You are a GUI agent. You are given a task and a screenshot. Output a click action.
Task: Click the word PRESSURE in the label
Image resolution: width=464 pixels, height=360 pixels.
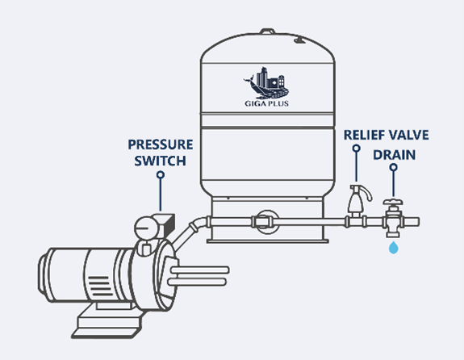pyautogui.click(x=161, y=144)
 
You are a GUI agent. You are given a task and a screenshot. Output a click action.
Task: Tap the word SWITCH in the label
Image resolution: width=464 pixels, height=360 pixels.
pyautogui.click(x=160, y=161)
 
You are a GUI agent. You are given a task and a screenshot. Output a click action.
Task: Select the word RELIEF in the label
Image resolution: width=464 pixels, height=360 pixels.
pyautogui.click(x=364, y=135)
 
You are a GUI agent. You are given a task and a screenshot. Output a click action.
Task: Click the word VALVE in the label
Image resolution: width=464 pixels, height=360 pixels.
pyautogui.click(x=408, y=135)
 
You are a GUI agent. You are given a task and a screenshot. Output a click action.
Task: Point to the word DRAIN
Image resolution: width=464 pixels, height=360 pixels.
pyautogui.click(x=394, y=155)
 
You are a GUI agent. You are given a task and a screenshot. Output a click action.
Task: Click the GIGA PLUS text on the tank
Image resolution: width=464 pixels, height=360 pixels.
pyautogui.click(x=266, y=103)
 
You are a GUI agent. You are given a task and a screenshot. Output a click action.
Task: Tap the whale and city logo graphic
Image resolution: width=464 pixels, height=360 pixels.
pyautogui.click(x=266, y=83)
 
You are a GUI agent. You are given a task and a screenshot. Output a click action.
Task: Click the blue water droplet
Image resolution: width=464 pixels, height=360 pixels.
pyautogui.click(x=394, y=248)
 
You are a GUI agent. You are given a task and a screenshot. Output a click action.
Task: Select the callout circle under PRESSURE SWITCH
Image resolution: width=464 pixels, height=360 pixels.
pyautogui.click(x=161, y=174)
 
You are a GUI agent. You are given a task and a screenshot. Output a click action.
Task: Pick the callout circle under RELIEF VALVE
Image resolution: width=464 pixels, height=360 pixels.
pyautogui.click(x=357, y=148)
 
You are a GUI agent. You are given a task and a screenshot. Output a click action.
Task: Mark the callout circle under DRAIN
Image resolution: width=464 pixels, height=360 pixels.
pyautogui.click(x=393, y=167)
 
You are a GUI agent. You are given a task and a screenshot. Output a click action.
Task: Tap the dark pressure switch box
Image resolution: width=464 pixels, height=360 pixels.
pyautogui.click(x=165, y=224)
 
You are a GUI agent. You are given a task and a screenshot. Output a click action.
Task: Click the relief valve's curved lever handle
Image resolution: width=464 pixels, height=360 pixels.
pyautogui.click(x=367, y=193)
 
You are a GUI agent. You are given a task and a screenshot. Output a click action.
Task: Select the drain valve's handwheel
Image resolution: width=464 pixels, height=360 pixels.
pyautogui.click(x=393, y=203)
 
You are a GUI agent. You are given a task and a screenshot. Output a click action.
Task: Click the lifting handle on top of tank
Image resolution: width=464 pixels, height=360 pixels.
pyautogui.click(x=268, y=31)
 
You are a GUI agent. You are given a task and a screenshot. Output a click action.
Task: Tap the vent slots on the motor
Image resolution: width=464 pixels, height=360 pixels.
pyautogui.click(x=100, y=287)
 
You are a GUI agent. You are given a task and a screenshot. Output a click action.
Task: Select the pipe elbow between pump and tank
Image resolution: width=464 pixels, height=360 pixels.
pyautogui.click(x=199, y=224)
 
